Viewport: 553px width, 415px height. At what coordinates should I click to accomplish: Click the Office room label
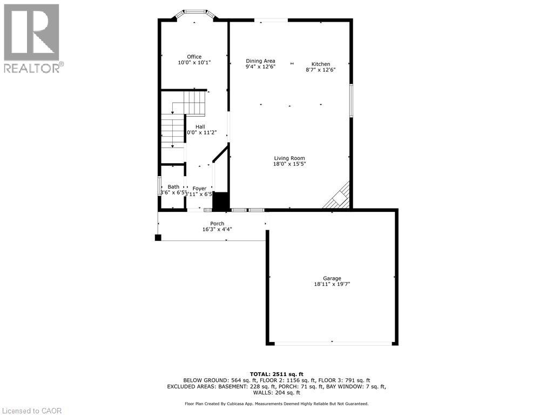[x=194, y=57]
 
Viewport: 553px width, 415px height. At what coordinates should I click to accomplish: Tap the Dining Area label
[x=260, y=61]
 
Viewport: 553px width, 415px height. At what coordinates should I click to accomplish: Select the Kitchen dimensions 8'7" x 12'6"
[x=321, y=70]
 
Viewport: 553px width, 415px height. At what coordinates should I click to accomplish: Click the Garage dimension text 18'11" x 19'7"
[x=332, y=284]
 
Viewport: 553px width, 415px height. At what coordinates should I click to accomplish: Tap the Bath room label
[x=173, y=187]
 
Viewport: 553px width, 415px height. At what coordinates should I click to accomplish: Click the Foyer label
[x=199, y=189]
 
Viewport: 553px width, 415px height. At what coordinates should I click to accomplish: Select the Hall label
[x=200, y=126]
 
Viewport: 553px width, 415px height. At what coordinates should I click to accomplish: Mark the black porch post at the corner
[x=158, y=237]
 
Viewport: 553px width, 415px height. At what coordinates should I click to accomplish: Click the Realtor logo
[x=31, y=38]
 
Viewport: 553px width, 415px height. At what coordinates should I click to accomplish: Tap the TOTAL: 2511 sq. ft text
[x=276, y=374]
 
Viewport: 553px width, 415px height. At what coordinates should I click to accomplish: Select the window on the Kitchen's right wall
[x=350, y=101]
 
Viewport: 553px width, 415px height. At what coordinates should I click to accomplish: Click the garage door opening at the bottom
[x=332, y=343]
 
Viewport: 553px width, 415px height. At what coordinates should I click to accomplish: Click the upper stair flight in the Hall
[x=195, y=103]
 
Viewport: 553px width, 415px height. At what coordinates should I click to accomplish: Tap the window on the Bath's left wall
[x=159, y=186]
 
